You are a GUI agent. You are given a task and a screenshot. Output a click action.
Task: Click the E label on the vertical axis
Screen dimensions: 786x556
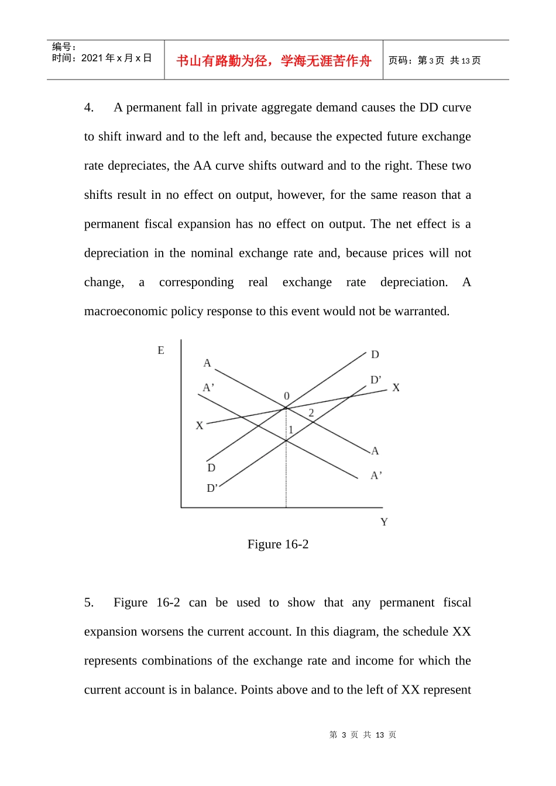click(x=161, y=350)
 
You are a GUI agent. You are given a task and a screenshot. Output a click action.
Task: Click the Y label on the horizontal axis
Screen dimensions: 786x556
click(x=384, y=522)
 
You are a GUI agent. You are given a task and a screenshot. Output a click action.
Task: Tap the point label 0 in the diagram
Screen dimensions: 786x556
click(x=287, y=396)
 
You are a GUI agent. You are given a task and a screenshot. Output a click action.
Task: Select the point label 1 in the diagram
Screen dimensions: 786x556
click(x=291, y=430)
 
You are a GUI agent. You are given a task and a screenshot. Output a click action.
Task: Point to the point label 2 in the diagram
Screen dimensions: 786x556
click(x=311, y=413)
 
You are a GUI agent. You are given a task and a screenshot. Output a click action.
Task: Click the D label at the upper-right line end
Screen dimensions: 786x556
click(x=375, y=354)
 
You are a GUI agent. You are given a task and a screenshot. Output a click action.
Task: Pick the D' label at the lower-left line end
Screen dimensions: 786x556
click(x=212, y=488)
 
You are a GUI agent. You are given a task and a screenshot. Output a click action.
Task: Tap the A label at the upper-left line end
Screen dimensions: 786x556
click(x=207, y=363)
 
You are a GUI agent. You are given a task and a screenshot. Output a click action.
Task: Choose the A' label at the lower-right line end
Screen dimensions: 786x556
click(x=376, y=475)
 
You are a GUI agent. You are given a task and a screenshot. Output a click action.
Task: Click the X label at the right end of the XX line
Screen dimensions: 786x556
click(x=396, y=388)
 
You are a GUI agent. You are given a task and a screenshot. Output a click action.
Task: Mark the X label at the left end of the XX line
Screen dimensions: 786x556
click(x=200, y=426)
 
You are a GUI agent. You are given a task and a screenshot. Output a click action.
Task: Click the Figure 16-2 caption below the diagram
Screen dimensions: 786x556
click(x=278, y=544)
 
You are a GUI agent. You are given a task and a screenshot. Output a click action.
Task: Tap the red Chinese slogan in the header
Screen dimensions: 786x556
click(x=274, y=61)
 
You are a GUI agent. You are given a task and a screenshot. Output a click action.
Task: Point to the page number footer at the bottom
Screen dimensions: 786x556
click(x=363, y=735)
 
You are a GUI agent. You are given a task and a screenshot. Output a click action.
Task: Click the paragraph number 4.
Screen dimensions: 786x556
click(x=89, y=108)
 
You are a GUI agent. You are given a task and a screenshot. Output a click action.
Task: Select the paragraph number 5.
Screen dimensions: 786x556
click(x=89, y=603)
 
